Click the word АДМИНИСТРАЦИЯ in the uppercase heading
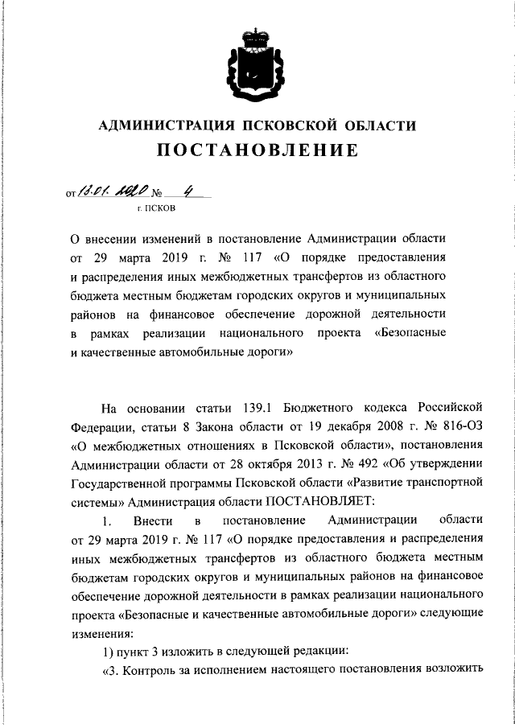(x=161, y=125)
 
